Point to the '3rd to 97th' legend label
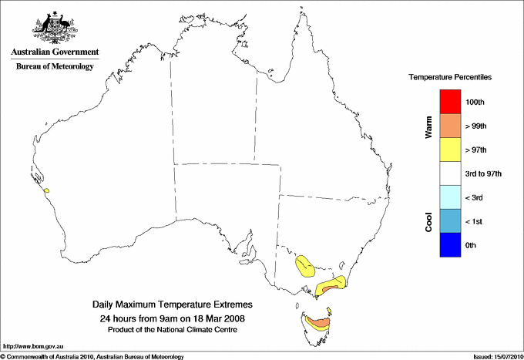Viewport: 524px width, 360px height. (x=484, y=174)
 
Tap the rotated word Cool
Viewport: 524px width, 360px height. (x=428, y=221)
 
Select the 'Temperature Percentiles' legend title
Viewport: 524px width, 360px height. (x=450, y=78)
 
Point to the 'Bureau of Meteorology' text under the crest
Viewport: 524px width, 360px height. (x=55, y=66)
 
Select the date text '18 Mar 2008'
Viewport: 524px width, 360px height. (x=219, y=318)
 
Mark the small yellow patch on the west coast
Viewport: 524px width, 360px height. (x=47, y=190)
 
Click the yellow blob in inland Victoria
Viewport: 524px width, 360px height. (x=305, y=266)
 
